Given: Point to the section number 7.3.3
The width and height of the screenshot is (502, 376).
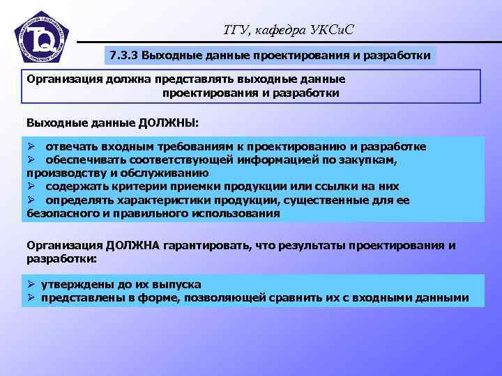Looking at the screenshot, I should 124,54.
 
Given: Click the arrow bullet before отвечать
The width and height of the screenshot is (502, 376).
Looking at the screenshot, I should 31,147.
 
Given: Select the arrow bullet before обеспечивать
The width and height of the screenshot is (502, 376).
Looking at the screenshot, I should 31,160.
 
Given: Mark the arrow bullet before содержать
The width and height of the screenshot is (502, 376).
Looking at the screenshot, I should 31,187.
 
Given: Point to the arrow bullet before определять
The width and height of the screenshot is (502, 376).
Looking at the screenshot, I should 31,201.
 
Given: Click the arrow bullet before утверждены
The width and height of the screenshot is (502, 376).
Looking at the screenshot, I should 31,284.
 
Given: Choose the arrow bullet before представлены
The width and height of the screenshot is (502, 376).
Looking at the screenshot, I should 31,298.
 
